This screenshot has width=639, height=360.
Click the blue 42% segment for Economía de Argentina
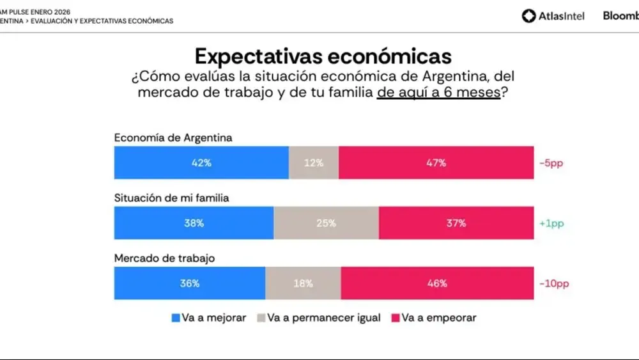coord(201,162)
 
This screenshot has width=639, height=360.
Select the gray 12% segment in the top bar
coord(313,162)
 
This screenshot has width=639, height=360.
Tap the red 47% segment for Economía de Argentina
coord(436,162)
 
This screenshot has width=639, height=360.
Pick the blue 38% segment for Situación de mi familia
coord(194,223)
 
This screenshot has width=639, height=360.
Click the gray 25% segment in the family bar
coord(326,223)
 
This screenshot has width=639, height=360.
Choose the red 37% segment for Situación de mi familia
coord(456,223)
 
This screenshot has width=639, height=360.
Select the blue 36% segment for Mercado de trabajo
coord(190,283)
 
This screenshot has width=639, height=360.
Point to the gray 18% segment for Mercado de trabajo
coord(303,283)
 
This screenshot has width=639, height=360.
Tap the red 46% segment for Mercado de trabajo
coord(437,283)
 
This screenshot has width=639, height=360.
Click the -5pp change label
coord(551,163)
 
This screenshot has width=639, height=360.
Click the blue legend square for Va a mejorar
coord(176,318)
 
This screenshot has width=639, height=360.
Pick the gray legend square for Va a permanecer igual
coord(261,318)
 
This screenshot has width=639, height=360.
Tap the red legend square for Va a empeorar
coord(396,318)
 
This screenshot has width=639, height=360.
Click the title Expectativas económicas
coord(323,56)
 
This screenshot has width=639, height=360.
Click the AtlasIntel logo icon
coord(528,16)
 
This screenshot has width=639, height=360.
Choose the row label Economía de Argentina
coord(173,137)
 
